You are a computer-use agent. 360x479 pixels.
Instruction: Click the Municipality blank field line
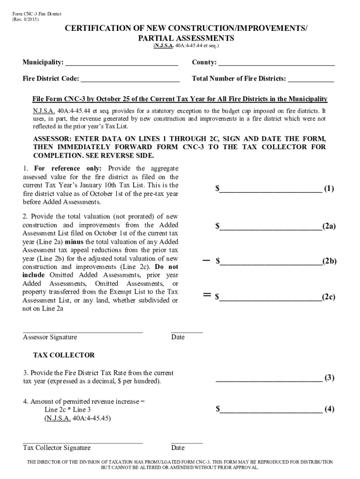(122, 63)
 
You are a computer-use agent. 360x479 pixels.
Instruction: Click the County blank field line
(276, 63)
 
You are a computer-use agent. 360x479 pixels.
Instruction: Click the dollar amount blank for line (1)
(271, 189)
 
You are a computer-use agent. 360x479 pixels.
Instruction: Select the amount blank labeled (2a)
(271, 227)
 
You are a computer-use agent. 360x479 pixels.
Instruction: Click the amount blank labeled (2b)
(271, 262)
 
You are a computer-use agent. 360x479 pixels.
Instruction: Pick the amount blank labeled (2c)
(271, 298)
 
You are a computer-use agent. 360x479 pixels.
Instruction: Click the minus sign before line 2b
(206, 260)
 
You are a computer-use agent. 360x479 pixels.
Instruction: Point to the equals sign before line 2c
(206, 295)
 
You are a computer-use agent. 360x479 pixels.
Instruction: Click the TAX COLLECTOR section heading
(64, 355)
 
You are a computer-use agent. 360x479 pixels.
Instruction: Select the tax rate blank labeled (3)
(268, 379)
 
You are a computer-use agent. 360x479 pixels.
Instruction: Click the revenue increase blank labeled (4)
(271, 410)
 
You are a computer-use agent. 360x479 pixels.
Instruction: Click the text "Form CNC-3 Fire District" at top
(36, 15)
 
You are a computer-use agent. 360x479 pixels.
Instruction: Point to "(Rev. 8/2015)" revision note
(26, 21)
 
